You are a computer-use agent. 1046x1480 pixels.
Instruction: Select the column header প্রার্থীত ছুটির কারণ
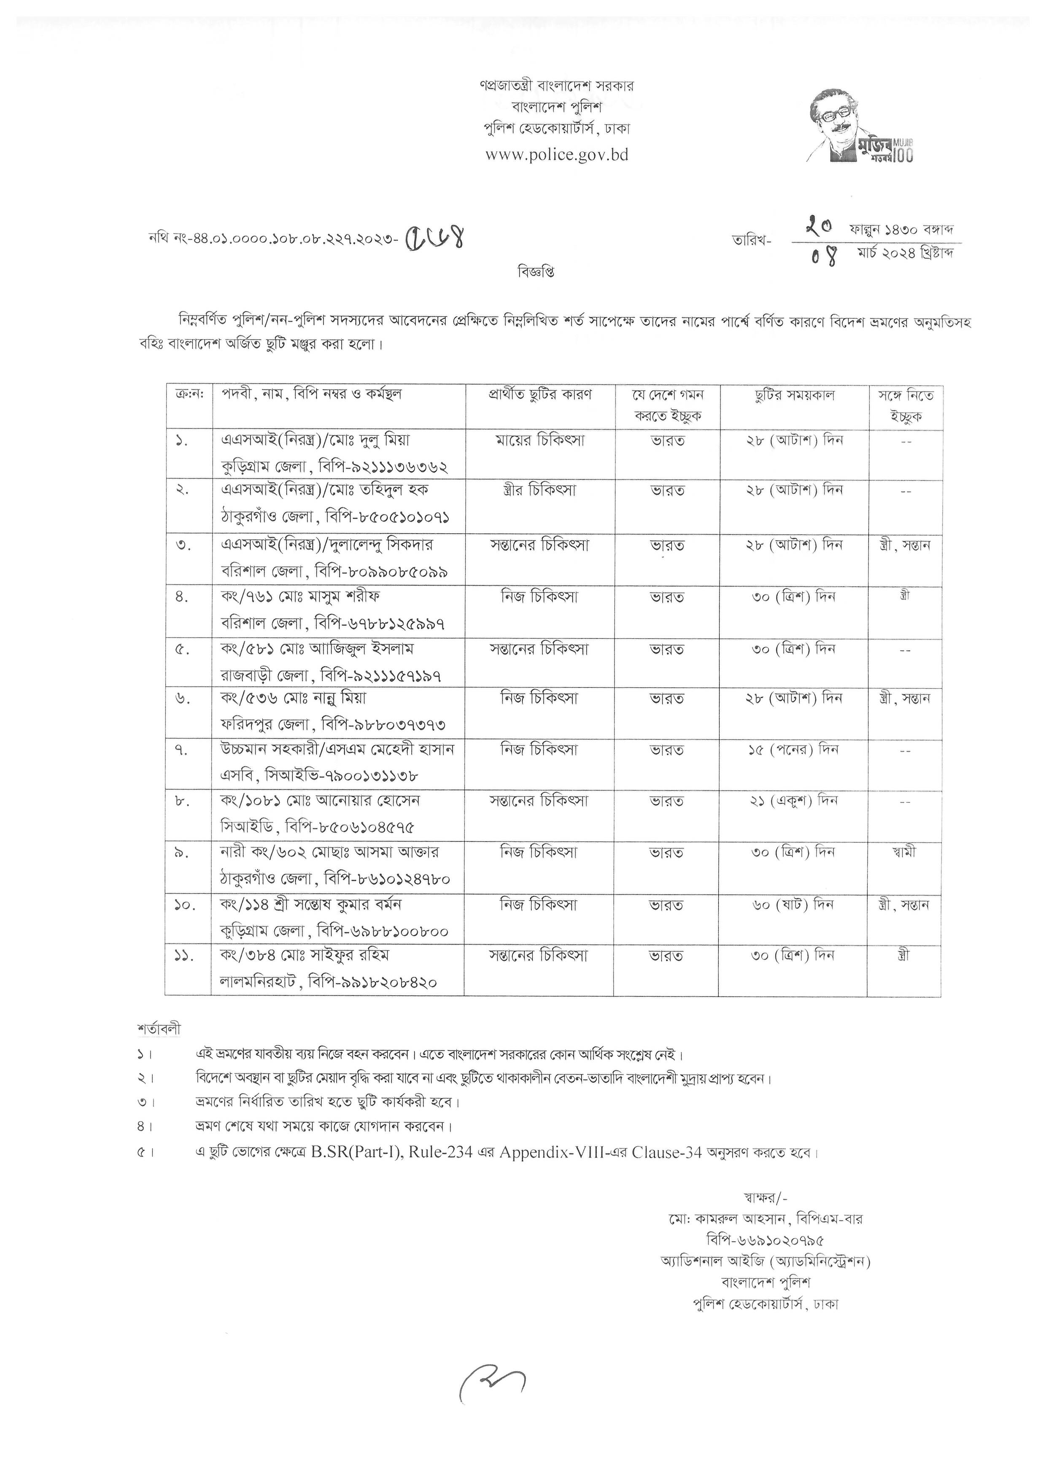(x=539, y=394)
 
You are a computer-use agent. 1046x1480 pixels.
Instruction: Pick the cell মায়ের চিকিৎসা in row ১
(x=539, y=441)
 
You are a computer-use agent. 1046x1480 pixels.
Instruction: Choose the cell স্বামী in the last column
(x=904, y=852)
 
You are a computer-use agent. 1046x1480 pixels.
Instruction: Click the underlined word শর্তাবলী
(x=159, y=1029)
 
